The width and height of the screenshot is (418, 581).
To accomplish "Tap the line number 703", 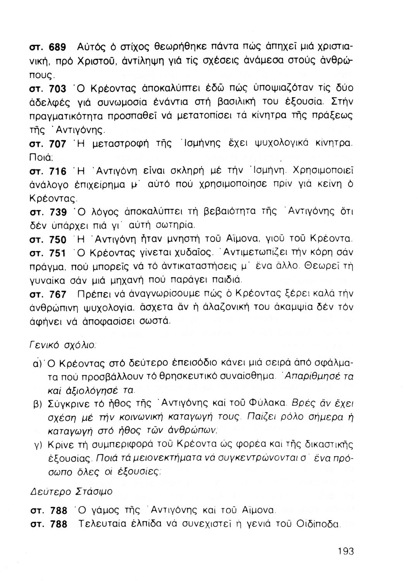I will tap(59, 89).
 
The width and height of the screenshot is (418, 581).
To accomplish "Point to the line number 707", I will tap(59, 144).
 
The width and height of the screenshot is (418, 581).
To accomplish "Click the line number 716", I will tap(59, 171).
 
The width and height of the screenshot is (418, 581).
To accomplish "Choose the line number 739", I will tap(59, 212).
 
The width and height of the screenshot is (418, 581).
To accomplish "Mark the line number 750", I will tap(59, 240).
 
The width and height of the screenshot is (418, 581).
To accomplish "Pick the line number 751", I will tap(59, 254).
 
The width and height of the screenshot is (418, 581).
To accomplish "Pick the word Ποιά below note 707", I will tap(40, 158).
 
